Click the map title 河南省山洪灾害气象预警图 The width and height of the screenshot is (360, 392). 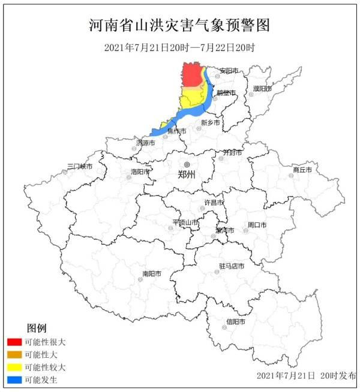tap(179, 25)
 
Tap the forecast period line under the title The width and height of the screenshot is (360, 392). tap(179, 47)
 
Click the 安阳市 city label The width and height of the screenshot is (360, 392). tap(229, 70)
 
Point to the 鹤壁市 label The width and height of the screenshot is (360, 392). tap(226, 93)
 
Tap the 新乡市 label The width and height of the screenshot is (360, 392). tap(211, 122)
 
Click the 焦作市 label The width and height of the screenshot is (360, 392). tap(176, 131)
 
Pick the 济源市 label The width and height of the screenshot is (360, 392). tap(145, 143)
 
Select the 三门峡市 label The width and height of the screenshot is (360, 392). tap(79, 166)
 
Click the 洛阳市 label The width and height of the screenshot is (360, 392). tap(141, 171)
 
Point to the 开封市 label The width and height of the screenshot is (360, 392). tap(232, 153)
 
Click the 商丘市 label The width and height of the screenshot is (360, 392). tap(302, 170)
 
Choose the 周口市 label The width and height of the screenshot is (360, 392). tap(257, 225)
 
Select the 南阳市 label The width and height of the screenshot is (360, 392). tap(152, 274)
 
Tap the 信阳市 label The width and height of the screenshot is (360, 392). tap(236, 321)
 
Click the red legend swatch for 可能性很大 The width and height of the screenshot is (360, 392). tap(14, 342)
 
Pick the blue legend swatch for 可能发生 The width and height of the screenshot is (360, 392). tap(14, 379)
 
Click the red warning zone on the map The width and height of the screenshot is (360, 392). tap(191, 75)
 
